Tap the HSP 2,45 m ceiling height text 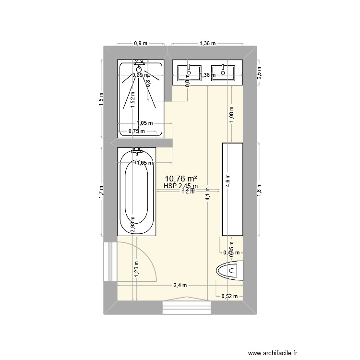180,186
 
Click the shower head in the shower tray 140,69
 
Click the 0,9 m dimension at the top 141,43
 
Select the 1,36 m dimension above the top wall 207,43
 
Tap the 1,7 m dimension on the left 101,192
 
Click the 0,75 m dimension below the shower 136,131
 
